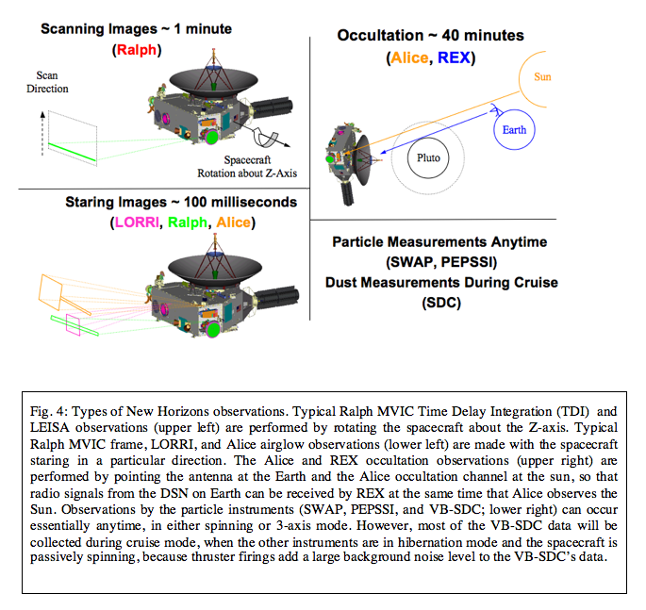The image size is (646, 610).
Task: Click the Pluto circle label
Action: (430, 158)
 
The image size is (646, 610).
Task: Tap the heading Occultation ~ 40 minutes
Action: (430, 36)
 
